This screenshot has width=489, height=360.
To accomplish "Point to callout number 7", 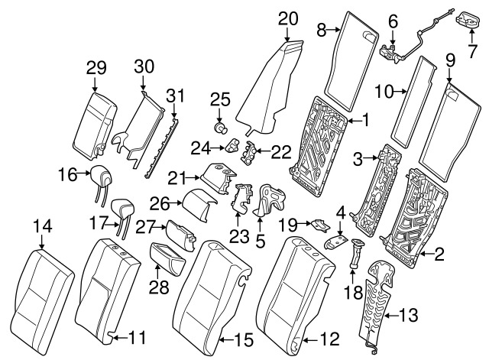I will [471, 52].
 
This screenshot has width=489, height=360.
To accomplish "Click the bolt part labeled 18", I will [355, 254].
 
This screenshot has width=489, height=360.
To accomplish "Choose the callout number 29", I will [95, 70].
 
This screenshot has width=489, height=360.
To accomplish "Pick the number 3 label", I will [355, 158].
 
